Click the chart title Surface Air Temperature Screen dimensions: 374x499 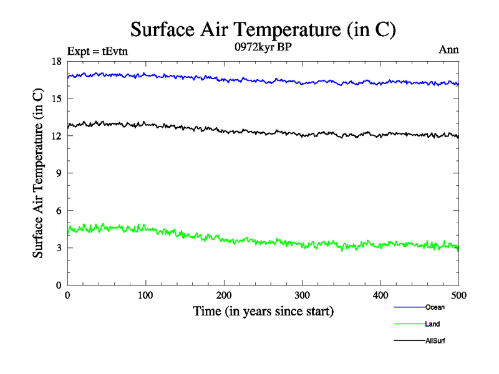pos(263,30)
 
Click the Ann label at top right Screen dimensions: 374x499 pos(449,50)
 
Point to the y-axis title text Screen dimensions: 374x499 pos(39,173)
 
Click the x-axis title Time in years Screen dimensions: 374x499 pos(263,311)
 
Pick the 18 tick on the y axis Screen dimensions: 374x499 pos(56,61)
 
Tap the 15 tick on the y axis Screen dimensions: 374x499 pos(56,98)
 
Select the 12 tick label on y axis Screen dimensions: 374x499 pos(56,136)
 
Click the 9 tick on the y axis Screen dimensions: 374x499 pos(58,173)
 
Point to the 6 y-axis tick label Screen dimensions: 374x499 pos(58,211)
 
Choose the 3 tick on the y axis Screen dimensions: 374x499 pos(58,248)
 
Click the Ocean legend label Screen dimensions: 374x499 pos(435,307)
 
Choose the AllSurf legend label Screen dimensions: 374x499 pos(435,341)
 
